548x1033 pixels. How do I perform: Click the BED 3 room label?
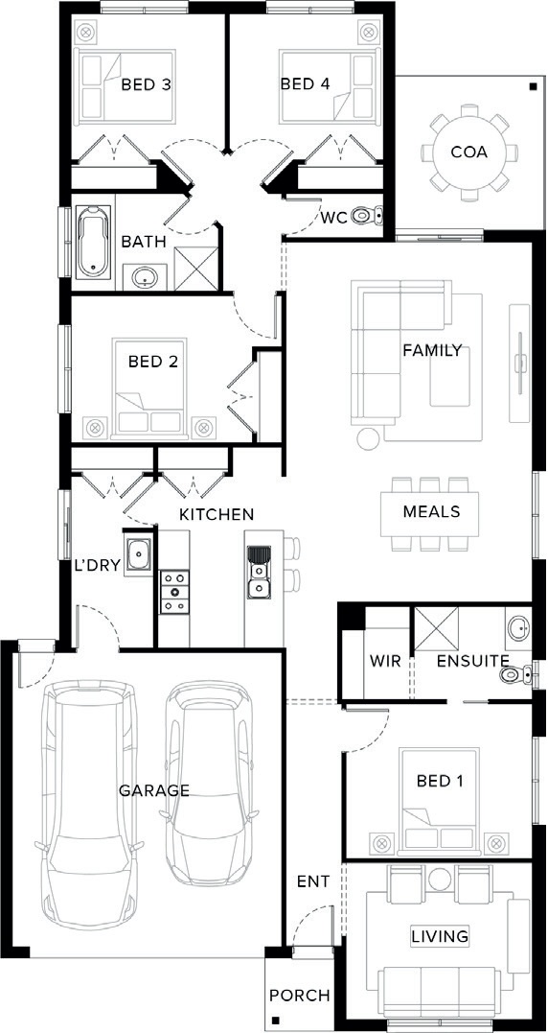tap(146, 85)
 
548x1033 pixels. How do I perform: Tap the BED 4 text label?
tap(306, 84)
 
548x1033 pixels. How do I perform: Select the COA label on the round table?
tap(469, 153)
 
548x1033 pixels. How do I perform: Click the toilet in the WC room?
tap(368, 216)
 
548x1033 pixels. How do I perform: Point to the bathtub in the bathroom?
tap(95, 242)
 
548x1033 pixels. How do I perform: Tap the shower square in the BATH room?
tap(195, 269)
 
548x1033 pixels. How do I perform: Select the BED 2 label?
tap(153, 362)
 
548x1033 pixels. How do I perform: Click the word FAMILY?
tap(432, 350)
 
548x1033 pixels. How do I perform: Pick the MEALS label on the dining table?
tap(431, 512)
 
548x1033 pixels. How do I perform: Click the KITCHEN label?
tap(217, 514)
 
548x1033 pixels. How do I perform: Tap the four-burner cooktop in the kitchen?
tap(175, 592)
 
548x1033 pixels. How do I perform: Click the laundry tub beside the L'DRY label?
tap(139, 554)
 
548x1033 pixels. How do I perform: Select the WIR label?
tap(385, 662)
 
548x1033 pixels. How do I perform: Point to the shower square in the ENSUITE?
tap(436, 629)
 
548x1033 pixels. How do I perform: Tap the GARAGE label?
tap(154, 790)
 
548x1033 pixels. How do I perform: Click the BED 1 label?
tap(440, 782)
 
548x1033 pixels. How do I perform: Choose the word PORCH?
tap(299, 996)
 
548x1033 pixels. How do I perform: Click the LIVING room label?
tap(440, 935)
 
